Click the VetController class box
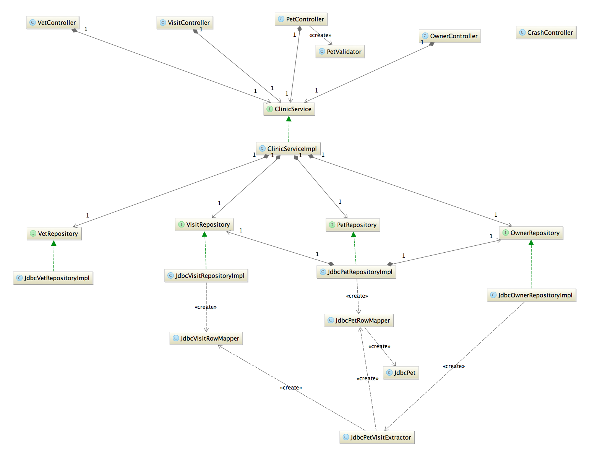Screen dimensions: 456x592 point(53,23)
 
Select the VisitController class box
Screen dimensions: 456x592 point(185,23)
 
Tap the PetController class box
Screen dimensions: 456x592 point(301,19)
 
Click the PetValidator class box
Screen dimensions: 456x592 point(340,52)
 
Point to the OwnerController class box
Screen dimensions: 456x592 point(450,36)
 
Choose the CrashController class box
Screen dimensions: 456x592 point(546,32)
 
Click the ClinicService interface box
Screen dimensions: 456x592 point(289,109)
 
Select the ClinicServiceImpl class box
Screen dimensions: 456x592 point(288,149)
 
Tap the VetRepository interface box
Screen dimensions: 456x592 point(54,234)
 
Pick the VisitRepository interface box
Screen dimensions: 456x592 point(204,224)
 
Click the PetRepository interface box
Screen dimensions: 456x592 point(353,225)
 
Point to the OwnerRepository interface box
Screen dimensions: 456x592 point(531,233)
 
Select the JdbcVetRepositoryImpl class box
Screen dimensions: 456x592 point(53,278)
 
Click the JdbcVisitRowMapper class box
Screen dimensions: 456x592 point(206,338)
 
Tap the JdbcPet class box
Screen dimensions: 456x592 point(401,373)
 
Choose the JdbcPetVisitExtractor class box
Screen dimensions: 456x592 point(377,437)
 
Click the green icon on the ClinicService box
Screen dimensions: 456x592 point(269,109)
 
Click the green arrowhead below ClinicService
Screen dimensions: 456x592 point(289,119)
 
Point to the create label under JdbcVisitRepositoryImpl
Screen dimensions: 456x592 point(206,307)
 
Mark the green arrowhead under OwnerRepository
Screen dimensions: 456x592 point(531,243)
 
